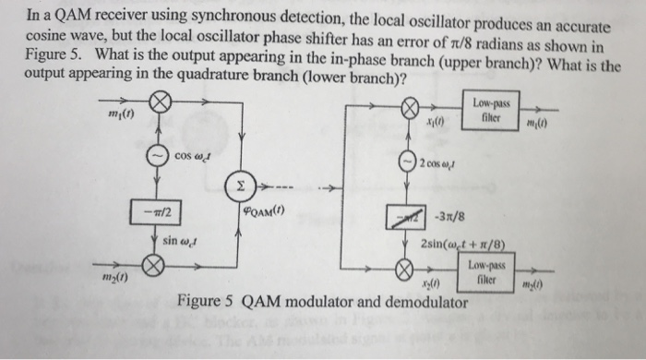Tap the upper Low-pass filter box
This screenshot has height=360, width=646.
(x=495, y=109)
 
